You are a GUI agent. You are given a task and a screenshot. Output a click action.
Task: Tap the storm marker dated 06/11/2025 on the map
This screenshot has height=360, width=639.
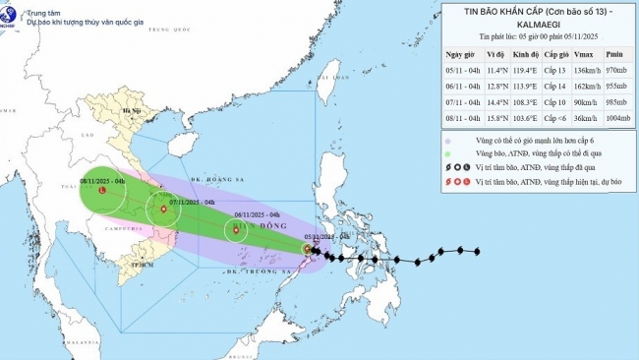tap(236, 231)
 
